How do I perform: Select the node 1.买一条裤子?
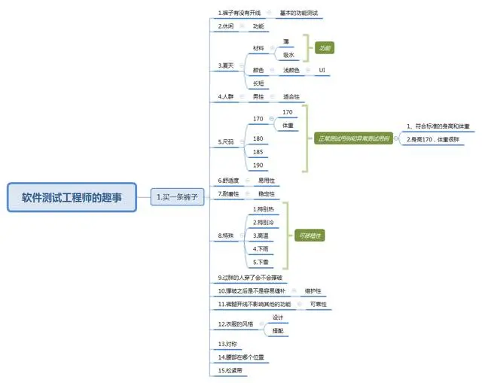(x=176, y=196)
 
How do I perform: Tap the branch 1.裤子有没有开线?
(x=239, y=13)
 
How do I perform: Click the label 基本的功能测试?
(x=300, y=13)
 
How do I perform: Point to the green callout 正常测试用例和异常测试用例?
(x=354, y=138)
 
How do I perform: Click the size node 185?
(x=258, y=152)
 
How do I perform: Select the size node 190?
(x=258, y=165)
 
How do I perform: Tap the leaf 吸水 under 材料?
(x=288, y=54)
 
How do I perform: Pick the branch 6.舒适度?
(x=230, y=181)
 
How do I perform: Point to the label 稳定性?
(x=267, y=193)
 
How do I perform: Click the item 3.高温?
(x=262, y=236)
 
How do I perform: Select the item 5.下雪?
(x=262, y=262)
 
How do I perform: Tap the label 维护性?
(x=313, y=290)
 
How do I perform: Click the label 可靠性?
(x=319, y=304)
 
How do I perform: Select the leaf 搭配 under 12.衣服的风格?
(x=277, y=330)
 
